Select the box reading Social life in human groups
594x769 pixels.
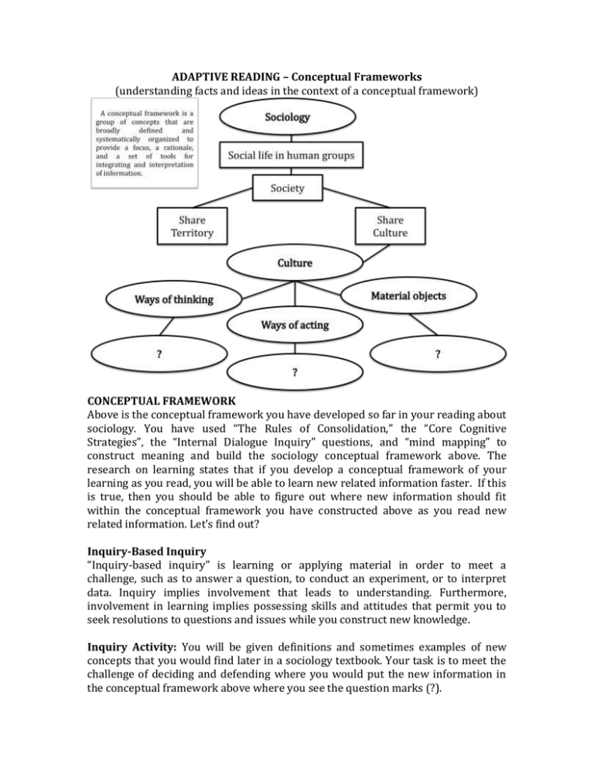[290, 156]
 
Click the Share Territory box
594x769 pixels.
[192, 224]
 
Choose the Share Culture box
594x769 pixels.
[391, 224]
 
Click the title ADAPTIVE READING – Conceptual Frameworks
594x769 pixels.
[297, 77]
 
